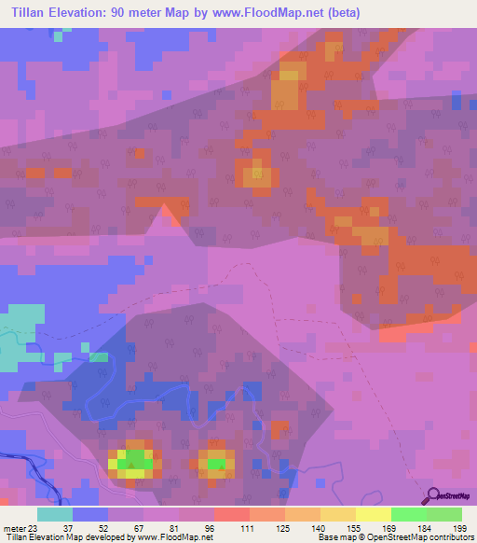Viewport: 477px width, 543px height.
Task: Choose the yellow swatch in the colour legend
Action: (373, 514)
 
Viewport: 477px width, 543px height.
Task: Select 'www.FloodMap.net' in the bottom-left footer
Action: (174, 537)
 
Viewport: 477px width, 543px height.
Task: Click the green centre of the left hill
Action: (135, 461)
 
